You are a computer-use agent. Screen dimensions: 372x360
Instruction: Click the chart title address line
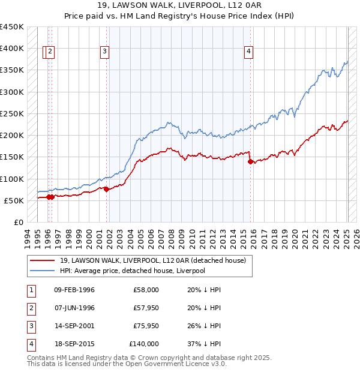179,7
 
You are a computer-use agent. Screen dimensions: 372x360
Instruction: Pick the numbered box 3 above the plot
104,52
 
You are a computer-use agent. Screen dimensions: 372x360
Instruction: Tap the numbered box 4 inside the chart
248,52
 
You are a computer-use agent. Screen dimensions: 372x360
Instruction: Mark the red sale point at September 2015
250,161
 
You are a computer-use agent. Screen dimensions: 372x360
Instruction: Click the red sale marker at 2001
106,189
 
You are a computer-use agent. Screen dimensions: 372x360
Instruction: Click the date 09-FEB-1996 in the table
74,290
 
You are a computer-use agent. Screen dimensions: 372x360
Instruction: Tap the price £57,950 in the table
146,308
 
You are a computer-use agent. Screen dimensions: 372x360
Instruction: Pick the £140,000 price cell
144,344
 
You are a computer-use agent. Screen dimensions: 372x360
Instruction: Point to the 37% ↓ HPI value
204,344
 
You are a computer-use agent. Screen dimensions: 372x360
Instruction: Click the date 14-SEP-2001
74,326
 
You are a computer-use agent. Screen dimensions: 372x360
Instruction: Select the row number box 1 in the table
31,290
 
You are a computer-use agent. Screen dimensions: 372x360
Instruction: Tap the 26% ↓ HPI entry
204,326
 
